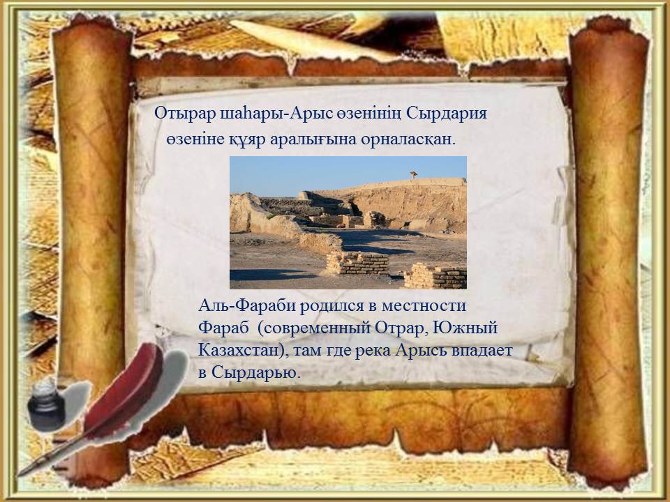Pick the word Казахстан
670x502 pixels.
pos(239,351)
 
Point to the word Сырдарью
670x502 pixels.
pos(256,372)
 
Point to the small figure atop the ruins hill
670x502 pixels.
pos(413,174)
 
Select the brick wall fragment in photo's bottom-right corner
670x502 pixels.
pos(435,276)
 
